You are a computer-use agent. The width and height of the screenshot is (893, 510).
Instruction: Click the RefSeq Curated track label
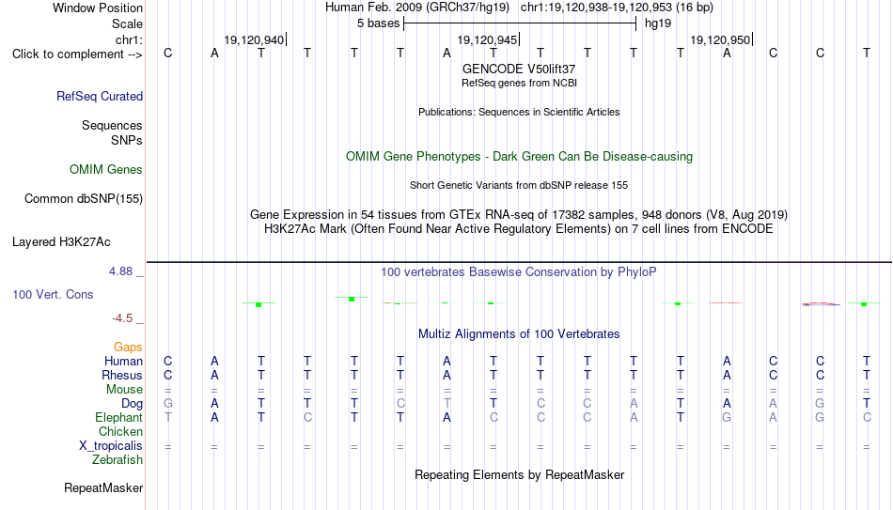pyautogui.click(x=100, y=96)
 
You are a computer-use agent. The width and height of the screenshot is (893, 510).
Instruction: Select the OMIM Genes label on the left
pyautogui.click(x=106, y=170)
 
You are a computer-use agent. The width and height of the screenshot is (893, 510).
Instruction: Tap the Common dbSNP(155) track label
pyautogui.click(x=84, y=199)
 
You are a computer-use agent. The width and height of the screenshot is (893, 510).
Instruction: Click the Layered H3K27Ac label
pyautogui.click(x=61, y=242)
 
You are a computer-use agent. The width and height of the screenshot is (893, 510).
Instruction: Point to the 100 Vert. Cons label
pyautogui.click(x=53, y=294)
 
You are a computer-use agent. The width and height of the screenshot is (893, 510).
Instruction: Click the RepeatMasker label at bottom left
pyautogui.click(x=103, y=487)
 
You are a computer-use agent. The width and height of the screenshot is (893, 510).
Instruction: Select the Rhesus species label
pyautogui.click(x=122, y=375)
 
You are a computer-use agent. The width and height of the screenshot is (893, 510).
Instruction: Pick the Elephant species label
pyautogui.click(x=118, y=417)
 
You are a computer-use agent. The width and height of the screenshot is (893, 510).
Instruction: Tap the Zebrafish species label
pyautogui.click(x=117, y=459)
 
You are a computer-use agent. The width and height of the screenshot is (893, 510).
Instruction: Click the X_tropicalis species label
pyautogui.click(x=111, y=446)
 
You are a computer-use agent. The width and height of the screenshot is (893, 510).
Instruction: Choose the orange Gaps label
pyautogui.click(x=128, y=348)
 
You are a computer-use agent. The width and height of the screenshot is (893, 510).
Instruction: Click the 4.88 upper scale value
pyautogui.click(x=120, y=271)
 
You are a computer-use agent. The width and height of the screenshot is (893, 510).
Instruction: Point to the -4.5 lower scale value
pyautogui.click(x=122, y=318)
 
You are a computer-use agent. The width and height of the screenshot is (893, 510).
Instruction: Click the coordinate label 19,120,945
pyautogui.click(x=487, y=40)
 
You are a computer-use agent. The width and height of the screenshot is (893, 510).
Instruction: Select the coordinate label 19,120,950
pyautogui.click(x=720, y=40)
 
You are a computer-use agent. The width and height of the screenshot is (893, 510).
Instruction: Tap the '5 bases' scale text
pyautogui.click(x=379, y=23)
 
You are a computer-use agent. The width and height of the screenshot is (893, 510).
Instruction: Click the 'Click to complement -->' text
pyautogui.click(x=77, y=54)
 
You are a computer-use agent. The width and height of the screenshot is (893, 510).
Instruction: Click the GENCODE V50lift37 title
pyautogui.click(x=519, y=69)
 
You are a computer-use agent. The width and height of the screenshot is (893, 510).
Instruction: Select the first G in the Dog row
pyautogui.click(x=168, y=404)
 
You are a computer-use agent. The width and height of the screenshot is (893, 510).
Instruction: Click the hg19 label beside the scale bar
pyautogui.click(x=658, y=23)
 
